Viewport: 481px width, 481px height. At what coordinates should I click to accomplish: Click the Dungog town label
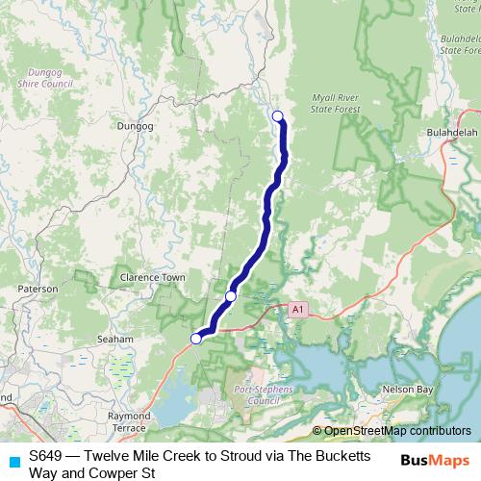135,125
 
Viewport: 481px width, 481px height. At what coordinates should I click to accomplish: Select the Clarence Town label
152,277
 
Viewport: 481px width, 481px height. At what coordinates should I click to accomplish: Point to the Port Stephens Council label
257,395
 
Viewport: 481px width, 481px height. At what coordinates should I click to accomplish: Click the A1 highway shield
298,309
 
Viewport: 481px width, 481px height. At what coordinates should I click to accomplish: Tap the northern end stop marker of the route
278,116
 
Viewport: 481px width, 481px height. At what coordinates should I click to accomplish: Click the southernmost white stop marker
196,338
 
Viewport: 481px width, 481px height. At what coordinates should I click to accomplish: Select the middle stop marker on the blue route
231,295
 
